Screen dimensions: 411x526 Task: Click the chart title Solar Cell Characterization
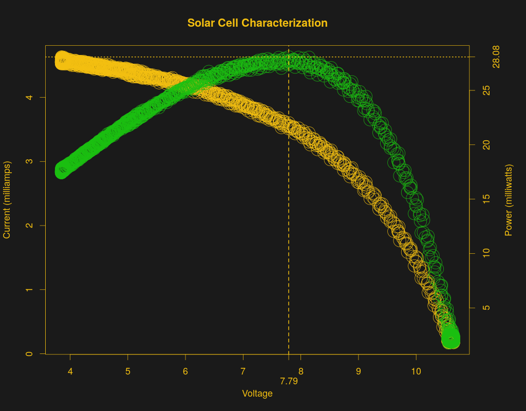[x=257, y=23]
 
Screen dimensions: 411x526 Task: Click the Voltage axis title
[x=257, y=394]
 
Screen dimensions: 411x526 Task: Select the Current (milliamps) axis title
[x=7, y=200]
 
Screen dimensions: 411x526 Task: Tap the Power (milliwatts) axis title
[x=509, y=200]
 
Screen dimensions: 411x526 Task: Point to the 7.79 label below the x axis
[x=289, y=382]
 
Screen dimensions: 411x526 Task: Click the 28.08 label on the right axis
[x=496, y=57]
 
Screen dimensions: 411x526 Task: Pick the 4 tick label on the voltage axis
[x=70, y=371]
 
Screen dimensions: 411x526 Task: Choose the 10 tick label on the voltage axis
[x=416, y=371]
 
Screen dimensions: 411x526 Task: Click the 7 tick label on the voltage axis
[x=243, y=371]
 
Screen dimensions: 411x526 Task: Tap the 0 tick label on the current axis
[x=30, y=353]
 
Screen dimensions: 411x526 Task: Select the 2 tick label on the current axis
[x=30, y=225]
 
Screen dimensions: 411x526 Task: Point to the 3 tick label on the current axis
[x=30, y=161]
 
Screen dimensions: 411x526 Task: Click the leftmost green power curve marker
[x=62, y=172]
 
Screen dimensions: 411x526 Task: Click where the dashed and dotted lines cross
[x=289, y=57]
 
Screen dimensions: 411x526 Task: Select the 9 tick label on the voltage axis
[x=359, y=371]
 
